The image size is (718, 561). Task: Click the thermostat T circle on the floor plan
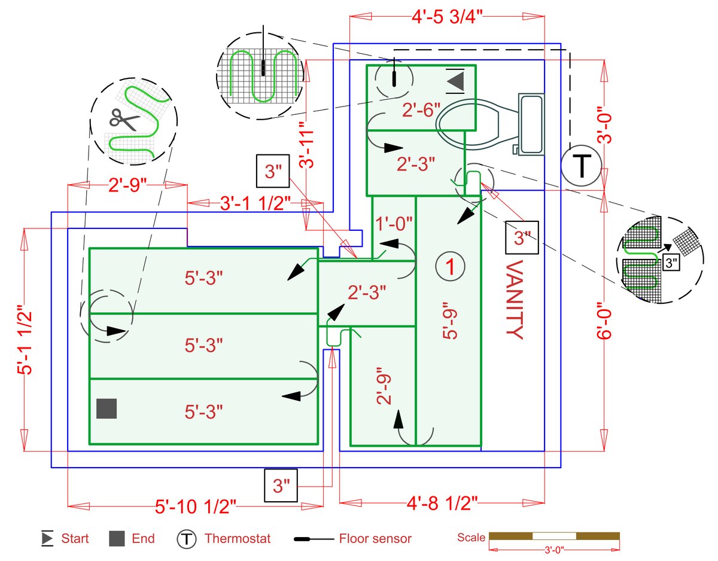pos(582,166)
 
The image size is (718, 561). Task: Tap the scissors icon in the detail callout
pos(124,120)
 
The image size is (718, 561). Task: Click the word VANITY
pos(513,299)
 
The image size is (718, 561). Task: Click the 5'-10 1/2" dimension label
pos(196,507)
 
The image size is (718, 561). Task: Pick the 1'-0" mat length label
pos(394,224)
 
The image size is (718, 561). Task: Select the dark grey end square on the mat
pos(107,408)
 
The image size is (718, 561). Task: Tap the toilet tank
pos(531,124)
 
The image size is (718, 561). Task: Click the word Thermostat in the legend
pos(238,538)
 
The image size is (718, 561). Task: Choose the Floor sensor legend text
pos(375,538)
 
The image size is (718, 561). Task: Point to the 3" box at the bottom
pos(281,485)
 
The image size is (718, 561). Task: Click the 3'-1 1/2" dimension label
pos(255,203)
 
